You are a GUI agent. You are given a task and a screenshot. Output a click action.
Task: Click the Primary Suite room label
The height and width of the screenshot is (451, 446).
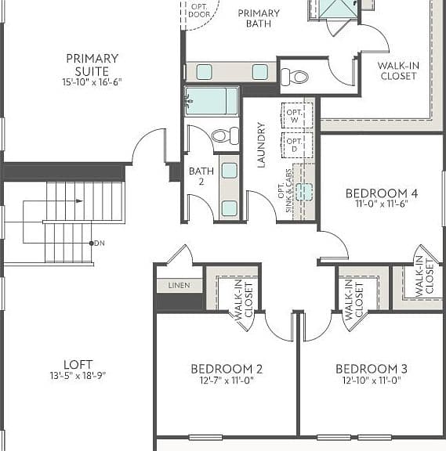tap(92, 65)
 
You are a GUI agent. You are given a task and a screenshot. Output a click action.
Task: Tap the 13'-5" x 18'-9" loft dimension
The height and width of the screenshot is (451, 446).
tap(78, 376)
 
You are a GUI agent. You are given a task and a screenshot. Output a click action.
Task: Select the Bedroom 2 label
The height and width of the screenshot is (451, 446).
tap(227, 369)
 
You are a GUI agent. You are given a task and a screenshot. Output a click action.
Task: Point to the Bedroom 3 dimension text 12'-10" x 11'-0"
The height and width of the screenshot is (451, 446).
tap(372, 381)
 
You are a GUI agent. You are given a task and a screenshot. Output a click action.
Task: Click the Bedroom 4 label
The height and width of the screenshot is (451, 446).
tap(382, 193)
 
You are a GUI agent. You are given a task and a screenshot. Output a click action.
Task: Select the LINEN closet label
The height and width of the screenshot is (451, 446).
tap(179, 285)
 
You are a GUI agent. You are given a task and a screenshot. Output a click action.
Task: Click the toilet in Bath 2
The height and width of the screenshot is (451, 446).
tap(225, 135)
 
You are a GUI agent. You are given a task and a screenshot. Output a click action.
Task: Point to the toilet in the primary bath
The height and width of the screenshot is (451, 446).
tap(294, 77)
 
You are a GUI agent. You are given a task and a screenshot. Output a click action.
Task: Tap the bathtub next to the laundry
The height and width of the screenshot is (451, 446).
tap(212, 101)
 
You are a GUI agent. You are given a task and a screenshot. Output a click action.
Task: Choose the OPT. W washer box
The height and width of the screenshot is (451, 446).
tap(297, 115)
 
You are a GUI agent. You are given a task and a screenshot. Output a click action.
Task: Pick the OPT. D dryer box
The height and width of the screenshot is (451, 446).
tap(297, 145)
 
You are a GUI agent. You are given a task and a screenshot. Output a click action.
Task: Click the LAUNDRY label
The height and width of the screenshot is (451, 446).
tap(261, 145)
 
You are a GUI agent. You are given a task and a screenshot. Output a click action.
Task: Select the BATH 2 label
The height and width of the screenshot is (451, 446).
tap(201, 176)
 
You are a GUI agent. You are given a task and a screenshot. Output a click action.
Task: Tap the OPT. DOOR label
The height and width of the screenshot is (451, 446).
tap(199, 10)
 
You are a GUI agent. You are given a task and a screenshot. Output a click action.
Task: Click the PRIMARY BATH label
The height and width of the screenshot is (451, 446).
tap(259, 18)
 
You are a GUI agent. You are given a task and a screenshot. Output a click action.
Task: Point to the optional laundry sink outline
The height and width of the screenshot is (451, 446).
tap(304, 192)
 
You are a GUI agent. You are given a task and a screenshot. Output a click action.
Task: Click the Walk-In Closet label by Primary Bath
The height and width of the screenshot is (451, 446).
tap(398, 70)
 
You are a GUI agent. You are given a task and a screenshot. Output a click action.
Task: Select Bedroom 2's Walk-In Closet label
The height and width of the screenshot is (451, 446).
tap(244, 300)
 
